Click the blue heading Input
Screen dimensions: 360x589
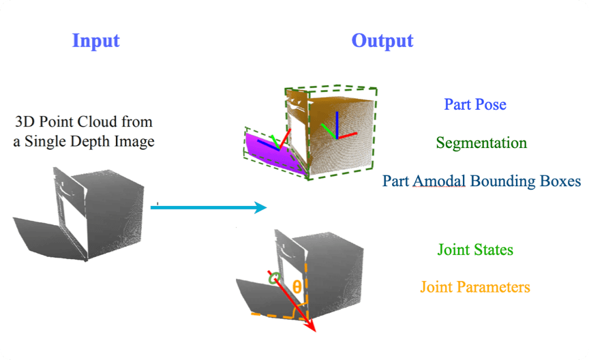(x=96, y=40)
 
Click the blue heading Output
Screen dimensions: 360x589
(x=382, y=40)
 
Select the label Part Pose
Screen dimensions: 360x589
(x=475, y=104)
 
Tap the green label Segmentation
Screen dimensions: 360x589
(x=481, y=143)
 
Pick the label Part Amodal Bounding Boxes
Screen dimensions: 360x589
(x=481, y=181)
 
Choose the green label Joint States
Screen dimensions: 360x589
(x=474, y=250)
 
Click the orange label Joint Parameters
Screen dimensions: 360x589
(x=474, y=287)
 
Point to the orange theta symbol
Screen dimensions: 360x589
(x=296, y=286)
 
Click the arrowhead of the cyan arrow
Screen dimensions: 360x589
(x=259, y=207)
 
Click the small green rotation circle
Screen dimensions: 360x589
(x=274, y=278)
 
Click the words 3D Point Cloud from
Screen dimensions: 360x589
(x=84, y=123)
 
